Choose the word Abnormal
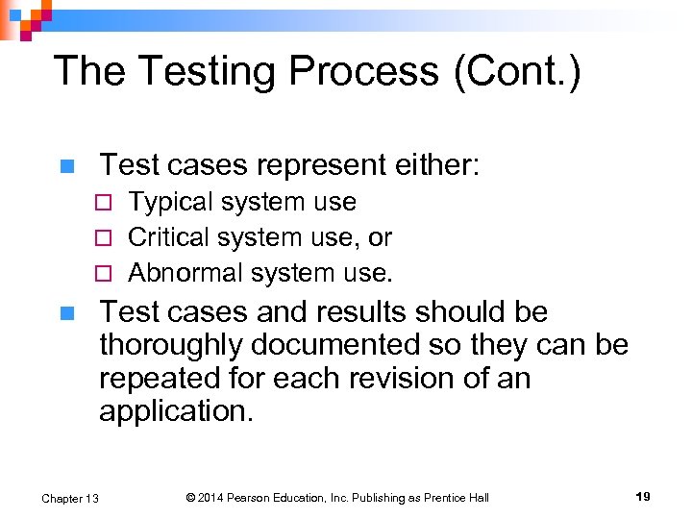pos(185,273)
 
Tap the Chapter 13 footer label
pos(70,498)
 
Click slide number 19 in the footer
pos(643,497)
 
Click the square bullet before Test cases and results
pos(65,313)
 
